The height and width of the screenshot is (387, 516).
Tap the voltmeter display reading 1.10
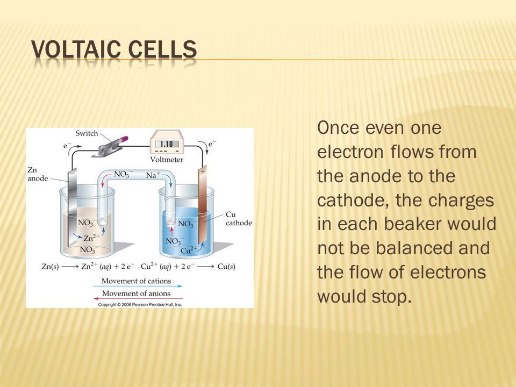tap(167, 144)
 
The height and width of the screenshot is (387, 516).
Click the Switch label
tap(87, 133)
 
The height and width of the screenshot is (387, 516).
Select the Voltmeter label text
tap(167, 160)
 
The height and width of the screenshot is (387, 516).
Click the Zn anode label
tap(38, 174)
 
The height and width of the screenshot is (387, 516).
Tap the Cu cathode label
tap(239, 219)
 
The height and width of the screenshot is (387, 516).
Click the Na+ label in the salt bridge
tap(153, 175)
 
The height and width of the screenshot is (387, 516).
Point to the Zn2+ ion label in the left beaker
tap(91, 238)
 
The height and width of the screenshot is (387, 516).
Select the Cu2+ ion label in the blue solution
tap(189, 250)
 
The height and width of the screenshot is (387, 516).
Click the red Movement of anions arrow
tap(138, 299)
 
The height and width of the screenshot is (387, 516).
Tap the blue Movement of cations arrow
tap(138, 286)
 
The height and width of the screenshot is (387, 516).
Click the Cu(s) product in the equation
tap(226, 266)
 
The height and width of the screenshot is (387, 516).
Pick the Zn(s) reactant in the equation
tap(51, 266)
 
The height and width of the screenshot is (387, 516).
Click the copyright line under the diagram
tap(140, 305)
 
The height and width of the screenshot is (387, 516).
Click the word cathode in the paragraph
tap(353, 200)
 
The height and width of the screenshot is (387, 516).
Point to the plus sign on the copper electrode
tap(203, 171)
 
